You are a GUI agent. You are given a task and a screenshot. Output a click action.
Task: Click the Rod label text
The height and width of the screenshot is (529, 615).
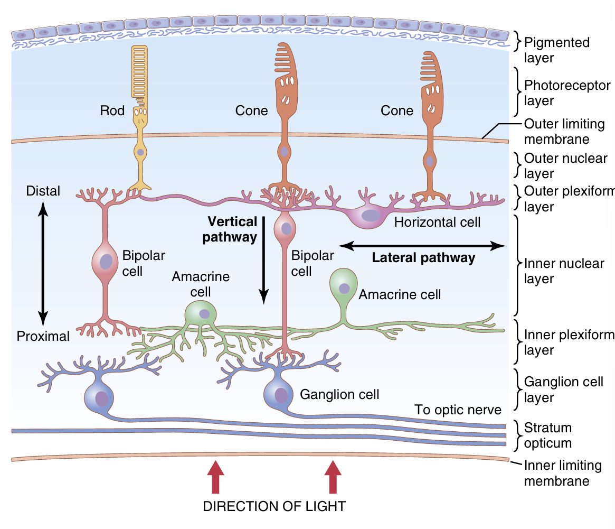(112, 110)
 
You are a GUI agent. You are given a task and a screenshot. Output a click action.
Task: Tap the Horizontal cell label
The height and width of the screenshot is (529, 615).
(437, 222)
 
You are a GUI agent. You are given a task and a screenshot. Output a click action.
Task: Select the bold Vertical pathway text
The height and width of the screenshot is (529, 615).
(231, 229)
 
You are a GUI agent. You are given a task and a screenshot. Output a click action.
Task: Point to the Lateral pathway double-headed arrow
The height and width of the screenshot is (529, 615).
(422, 245)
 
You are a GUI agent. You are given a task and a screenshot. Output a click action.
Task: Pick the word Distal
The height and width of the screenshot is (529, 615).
(43, 191)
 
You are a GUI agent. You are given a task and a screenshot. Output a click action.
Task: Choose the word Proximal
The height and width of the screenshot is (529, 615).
(43, 336)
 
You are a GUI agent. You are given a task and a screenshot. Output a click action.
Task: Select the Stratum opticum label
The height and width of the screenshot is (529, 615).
(548, 435)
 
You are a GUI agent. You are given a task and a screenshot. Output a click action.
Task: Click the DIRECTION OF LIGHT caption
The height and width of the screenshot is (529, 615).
(274, 506)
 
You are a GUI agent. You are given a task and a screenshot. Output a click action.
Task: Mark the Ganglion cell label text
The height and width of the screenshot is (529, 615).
(339, 394)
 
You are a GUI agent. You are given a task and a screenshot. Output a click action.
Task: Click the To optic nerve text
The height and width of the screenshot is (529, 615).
(458, 410)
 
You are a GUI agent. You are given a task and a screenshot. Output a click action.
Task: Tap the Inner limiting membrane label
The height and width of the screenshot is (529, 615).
(556, 473)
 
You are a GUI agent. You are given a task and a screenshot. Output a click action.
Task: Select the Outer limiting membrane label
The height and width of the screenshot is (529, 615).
(556, 132)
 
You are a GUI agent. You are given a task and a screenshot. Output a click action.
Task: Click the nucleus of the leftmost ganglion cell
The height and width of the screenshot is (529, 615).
(102, 398)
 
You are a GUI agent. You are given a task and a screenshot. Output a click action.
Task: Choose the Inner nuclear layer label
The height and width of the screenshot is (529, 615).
(564, 271)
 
